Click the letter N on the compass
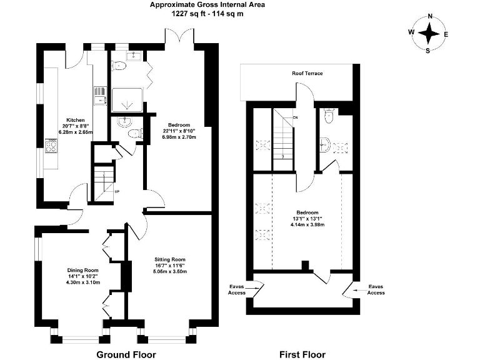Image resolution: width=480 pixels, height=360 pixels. point(430,16)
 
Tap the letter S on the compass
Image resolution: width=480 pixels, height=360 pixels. point(428,51)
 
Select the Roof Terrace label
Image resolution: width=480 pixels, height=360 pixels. point(307,73)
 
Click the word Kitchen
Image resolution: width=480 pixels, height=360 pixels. point(76,120)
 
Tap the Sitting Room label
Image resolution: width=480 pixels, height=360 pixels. point(170,259)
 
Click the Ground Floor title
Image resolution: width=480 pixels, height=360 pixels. point(126,354)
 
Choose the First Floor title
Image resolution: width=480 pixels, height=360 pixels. point(302,354)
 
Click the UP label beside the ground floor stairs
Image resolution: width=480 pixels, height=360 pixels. point(117,192)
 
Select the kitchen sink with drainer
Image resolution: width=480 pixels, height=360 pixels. point(100,95)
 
